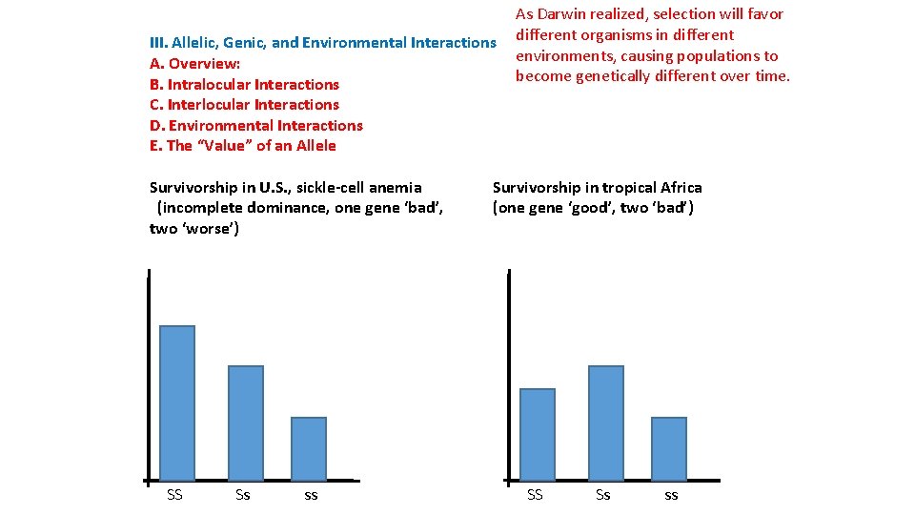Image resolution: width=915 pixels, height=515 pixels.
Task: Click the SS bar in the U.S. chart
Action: (x=177, y=402)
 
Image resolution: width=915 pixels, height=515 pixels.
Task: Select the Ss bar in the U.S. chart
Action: (x=246, y=422)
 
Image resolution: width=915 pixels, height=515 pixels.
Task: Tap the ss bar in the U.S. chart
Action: (x=309, y=448)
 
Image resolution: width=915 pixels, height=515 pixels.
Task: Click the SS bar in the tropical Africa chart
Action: (x=538, y=434)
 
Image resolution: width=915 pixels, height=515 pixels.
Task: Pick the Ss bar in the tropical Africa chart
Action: (x=606, y=422)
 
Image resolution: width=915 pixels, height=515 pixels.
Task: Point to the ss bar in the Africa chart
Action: (x=669, y=448)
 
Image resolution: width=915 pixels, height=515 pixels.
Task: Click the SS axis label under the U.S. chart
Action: (x=174, y=494)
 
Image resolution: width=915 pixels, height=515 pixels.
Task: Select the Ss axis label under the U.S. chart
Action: (x=243, y=494)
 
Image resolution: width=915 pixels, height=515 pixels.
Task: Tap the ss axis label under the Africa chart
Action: (x=671, y=495)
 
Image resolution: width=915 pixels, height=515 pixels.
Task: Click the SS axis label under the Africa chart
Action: (x=536, y=494)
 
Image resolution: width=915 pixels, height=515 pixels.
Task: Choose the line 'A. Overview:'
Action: (x=194, y=64)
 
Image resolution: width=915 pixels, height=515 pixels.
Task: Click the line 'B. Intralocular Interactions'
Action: (x=244, y=84)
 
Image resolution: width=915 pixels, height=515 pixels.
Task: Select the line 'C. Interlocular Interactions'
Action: (x=244, y=105)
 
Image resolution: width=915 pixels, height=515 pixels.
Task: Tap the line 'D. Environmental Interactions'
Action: (x=256, y=125)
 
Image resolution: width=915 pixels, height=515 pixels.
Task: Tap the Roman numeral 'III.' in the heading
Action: (x=158, y=43)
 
